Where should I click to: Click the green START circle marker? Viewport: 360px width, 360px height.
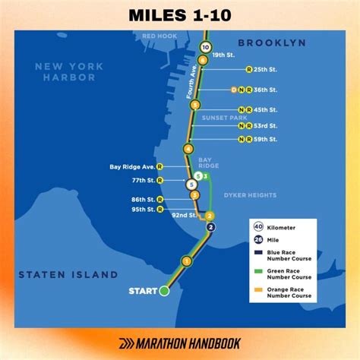click(164, 291)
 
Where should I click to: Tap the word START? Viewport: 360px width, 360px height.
click(143, 291)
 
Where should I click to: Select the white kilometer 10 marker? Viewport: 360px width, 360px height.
click(205, 47)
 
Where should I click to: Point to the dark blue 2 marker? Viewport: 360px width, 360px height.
click(211, 226)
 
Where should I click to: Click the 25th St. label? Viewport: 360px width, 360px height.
click(267, 69)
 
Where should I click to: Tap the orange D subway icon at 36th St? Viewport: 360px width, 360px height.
click(234, 90)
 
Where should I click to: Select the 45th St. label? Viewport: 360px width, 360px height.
click(267, 109)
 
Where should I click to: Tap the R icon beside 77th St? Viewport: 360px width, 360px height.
click(159, 181)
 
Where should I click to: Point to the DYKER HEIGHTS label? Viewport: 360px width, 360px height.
click(250, 195)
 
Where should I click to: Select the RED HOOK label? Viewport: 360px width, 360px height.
click(159, 36)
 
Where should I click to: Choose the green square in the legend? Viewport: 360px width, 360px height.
click(258, 272)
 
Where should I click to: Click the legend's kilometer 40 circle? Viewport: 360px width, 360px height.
click(259, 227)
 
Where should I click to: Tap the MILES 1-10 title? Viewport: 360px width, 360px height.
click(180, 14)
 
